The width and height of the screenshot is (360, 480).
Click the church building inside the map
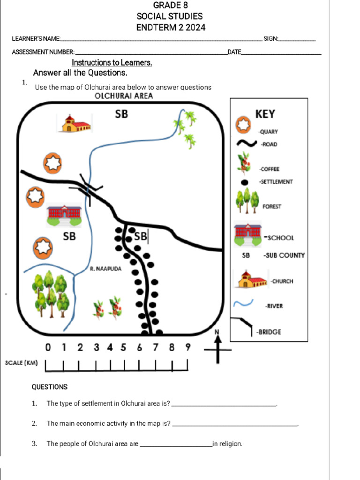75,124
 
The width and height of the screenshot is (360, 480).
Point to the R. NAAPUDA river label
105,269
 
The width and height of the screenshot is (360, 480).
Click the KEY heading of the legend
265,114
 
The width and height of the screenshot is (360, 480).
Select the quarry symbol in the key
243,125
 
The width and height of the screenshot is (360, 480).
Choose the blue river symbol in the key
245,304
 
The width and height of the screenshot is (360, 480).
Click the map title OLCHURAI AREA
124,97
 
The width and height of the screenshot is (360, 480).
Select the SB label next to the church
121,114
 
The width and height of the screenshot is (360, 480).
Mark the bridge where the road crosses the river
88,189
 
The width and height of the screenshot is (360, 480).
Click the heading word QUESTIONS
49,387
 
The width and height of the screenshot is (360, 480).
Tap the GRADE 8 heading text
167,5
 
